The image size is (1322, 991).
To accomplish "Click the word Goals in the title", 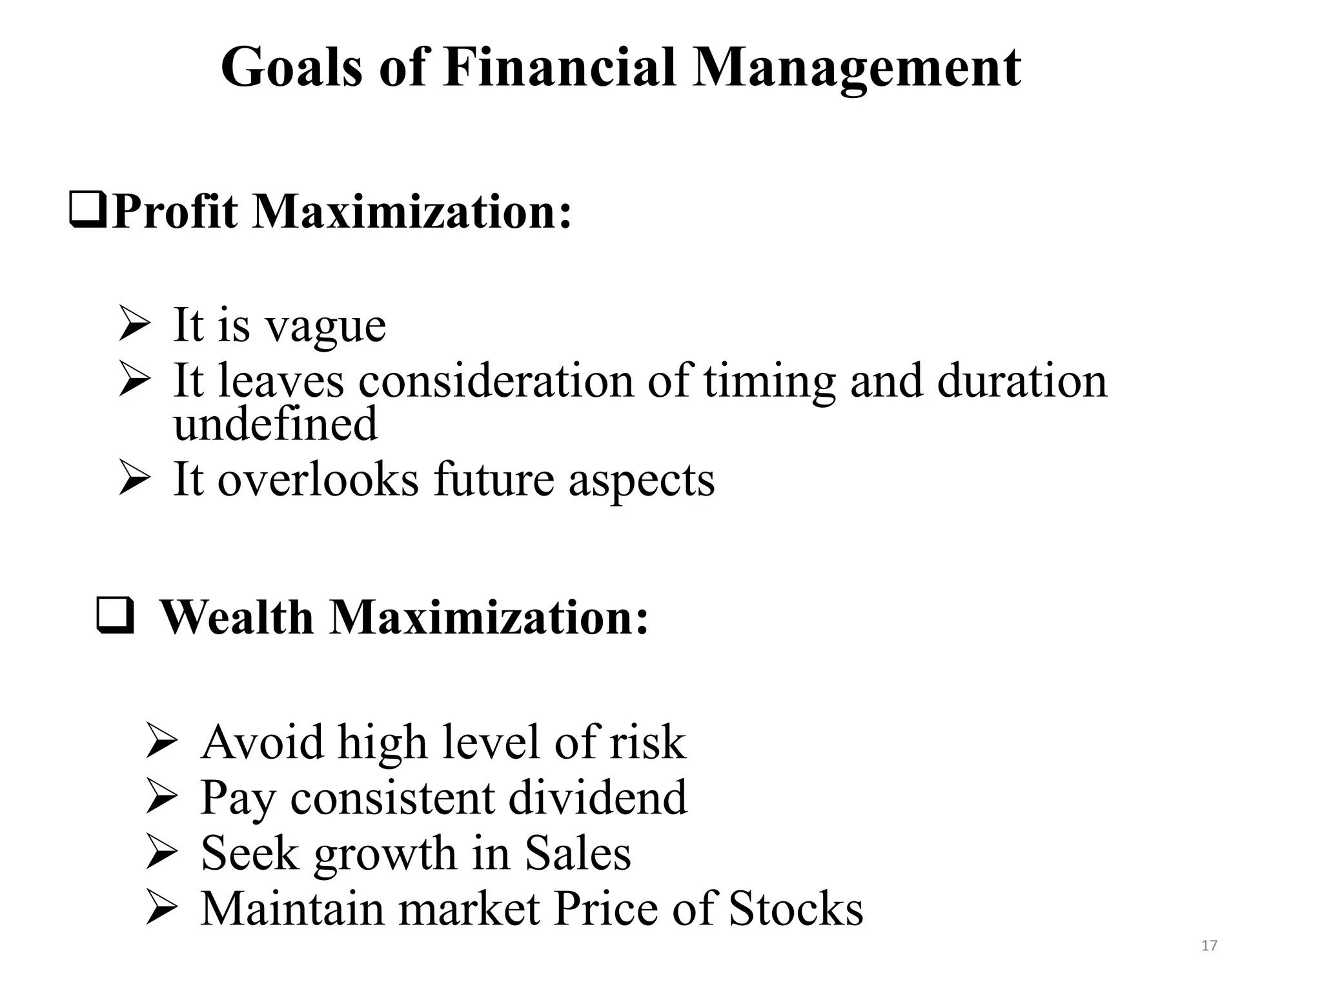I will pyautogui.click(x=291, y=68).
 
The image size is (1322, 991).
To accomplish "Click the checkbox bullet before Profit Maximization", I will pyautogui.click(x=88, y=212).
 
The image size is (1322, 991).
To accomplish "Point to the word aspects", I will pyautogui.click(x=642, y=481).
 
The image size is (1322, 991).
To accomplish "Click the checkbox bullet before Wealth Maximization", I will pyautogui.click(x=115, y=616).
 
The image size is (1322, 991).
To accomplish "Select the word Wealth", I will pyautogui.click(x=236, y=617).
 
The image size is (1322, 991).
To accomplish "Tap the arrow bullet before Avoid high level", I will pyautogui.click(x=161, y=742).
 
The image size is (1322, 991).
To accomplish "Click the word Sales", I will pyautogui.click(x=578, y=853).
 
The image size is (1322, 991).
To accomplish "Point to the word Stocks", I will pyautogui.click(x=796, y=908).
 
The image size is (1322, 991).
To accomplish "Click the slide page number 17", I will pyautogui.click(x=1209, y=946).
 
